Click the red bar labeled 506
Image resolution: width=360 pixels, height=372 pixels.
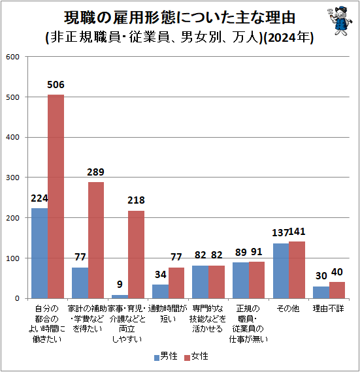pyautogui.click(x=56, y=196)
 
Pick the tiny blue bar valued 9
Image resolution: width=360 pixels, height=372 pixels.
pyautogui.click(x=120, y=296)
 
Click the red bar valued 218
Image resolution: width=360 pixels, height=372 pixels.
pyautogui.click(x=136, y=255)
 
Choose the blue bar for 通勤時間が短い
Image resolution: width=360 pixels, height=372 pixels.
pyautogui.click(x=160, y=292)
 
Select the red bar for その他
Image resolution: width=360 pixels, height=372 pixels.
pyautogui.click(x=297, y=270)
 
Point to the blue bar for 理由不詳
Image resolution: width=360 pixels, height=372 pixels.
pyautogui.click(x=321, y=292)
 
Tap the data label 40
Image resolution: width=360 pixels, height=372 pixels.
pyautogui.click(x=336, y=272)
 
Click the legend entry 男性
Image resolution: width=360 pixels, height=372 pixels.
pyautogui.click(x=165, y=356)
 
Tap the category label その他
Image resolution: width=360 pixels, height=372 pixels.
pyautogui.click(x=288, y=308)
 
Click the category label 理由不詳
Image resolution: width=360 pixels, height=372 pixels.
pyautogui.click(x=329, y=308)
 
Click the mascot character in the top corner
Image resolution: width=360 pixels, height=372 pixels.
pyautogui.click(x=337, y=21)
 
